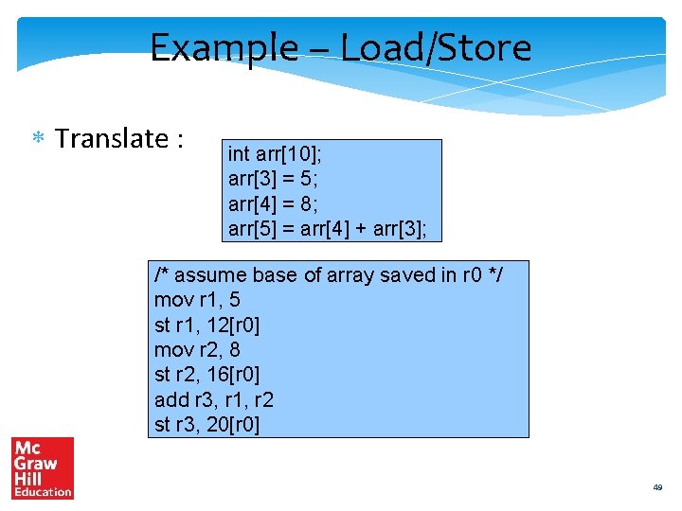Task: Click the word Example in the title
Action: tap(224, 47)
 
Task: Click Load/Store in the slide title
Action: tap(436, 47)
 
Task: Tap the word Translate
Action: tap(113, 138)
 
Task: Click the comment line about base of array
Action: tap(329, 275)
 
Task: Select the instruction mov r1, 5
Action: tap(198, 300)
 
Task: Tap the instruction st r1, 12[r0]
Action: tap(206, 325)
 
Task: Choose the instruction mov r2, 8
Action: tap(198, 350)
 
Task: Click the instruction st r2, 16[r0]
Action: tap(206, 375)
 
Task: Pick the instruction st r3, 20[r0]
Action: tap(206, 425)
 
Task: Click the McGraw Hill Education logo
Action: tap(43, 467)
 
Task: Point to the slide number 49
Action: tap(657, 487)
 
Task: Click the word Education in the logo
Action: tap(43, 492)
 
